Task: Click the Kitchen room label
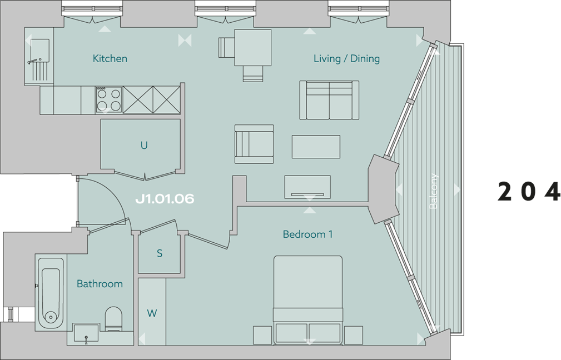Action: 110,58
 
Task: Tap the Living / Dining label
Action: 347,58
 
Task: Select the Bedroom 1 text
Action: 307,234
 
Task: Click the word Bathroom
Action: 100,284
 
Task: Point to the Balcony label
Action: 433,191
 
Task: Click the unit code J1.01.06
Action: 165,199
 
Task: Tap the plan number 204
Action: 529,191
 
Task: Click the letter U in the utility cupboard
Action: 144,145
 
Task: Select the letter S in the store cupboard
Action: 160,253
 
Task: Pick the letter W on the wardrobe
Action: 152,313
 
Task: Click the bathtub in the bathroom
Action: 51,292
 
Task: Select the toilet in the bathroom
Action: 113,319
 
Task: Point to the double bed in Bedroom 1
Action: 308,300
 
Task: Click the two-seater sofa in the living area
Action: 329,100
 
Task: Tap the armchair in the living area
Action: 254,144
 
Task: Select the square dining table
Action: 252,48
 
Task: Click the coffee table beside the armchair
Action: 316,147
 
